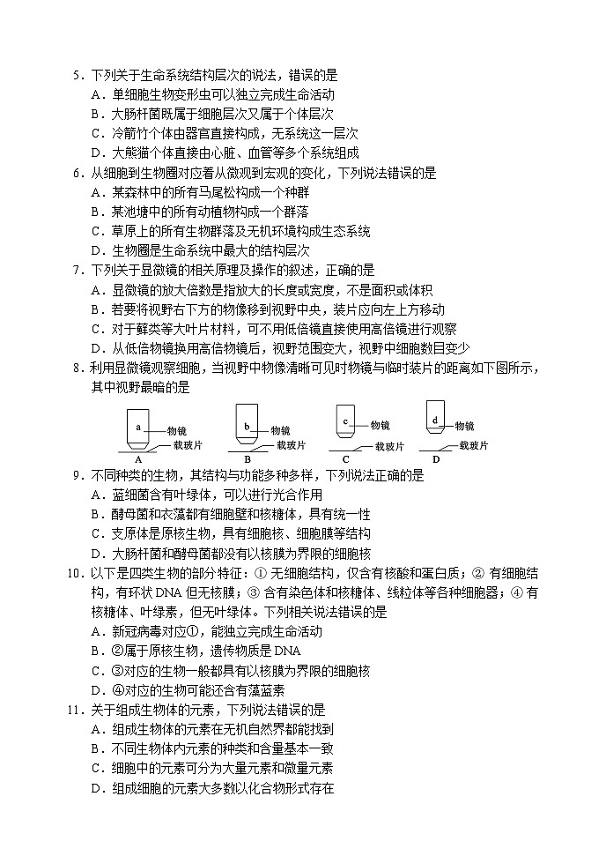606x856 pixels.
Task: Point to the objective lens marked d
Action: tap(435, 419)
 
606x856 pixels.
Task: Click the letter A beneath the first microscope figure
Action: tap(138, 458)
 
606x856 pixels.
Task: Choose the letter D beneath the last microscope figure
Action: tap(435, 458)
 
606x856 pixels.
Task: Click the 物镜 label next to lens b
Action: tap(281, 431)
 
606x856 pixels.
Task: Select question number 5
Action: tap(77, 76)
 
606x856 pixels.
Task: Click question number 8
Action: tap(77, 367)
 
